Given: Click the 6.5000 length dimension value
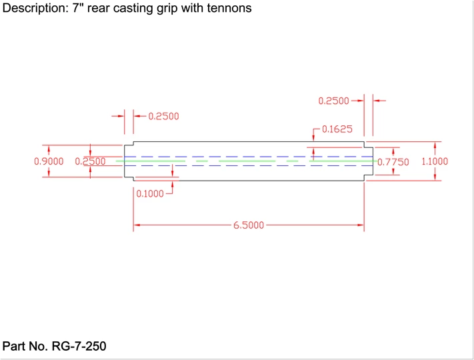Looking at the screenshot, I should tap(249, 225).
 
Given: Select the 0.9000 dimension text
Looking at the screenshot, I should tap(49, 161).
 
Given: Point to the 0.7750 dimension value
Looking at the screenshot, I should tap(392, 161).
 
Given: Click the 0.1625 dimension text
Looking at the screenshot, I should tap(337, 129).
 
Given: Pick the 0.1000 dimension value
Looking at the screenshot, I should tap(151, 194).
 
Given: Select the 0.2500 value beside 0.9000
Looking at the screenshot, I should tap(90, 161).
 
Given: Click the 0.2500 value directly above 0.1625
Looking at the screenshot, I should tap(333, 101).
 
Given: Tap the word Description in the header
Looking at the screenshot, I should tap(31, 9).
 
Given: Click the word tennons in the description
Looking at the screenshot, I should tap(229, 9).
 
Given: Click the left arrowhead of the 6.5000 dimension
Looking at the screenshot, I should tap(137, 225).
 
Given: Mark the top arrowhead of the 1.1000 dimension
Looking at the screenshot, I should tap(436, 145).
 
